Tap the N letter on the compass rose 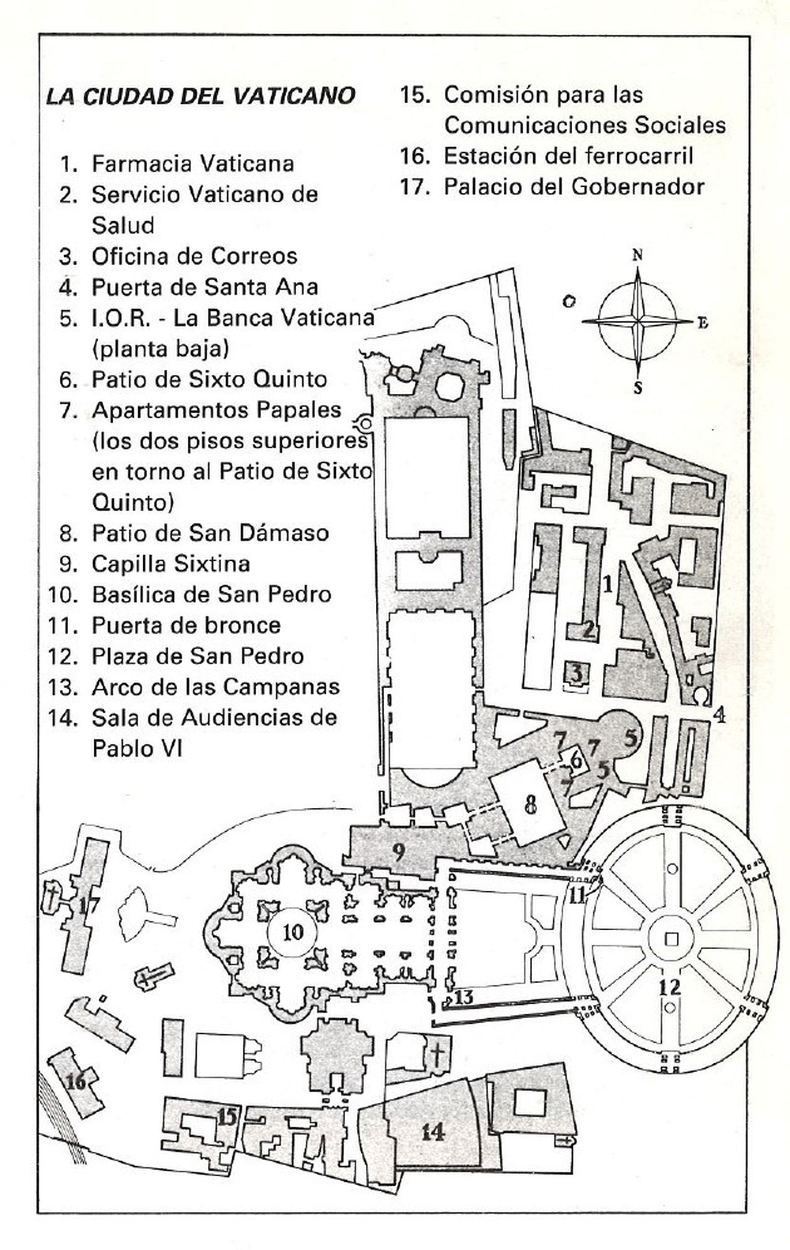click(x=637, y=255)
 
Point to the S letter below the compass click(x=638, y=388)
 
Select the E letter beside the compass click(x=703, y=323)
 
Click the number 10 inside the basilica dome click(x=293, y=932)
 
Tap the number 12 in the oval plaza click(x=669, y=986)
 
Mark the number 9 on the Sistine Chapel click(x=398, y=852)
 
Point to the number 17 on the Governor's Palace click(x=86, y=907)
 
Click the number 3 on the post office click(x=577, y=674)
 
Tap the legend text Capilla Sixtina click(x=171, y=564)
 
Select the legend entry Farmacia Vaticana click(x=193, y=164)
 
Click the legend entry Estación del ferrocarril click(x=568, y=156)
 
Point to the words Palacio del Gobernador click(x=574, y=187)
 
